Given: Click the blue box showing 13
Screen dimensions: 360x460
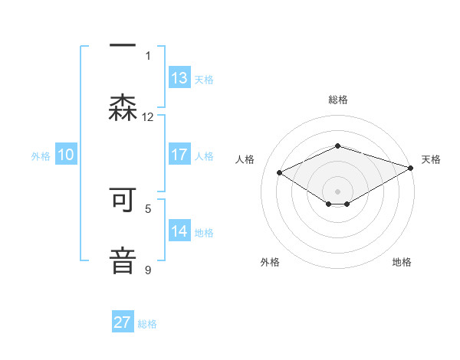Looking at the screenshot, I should coord(179,77).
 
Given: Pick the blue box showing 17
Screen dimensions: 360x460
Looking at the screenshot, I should coord(179,154).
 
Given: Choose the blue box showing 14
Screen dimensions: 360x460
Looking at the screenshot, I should coord(179,231).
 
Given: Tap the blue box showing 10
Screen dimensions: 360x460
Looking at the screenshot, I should coord(66,155).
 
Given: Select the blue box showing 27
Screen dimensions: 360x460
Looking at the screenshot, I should coord(123,322).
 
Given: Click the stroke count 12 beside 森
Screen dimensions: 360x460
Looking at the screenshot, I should coord(148,117).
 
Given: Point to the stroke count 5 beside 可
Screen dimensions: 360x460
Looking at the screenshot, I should coord(148,208).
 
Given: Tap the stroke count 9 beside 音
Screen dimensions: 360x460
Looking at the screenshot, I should coord(148,270).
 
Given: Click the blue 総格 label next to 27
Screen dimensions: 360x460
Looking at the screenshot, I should coord(147,324).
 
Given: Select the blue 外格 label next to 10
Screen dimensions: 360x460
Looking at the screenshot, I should coord(41,155).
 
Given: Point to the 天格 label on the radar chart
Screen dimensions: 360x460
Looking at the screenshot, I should coord(431,159).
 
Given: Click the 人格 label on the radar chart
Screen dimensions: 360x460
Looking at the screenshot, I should coord(245,159).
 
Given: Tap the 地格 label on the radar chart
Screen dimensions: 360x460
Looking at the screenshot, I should coord(402,262).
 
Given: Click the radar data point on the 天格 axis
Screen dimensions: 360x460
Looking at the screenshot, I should coord(412,167).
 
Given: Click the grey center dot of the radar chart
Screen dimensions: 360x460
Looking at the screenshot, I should coord(337,191).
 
